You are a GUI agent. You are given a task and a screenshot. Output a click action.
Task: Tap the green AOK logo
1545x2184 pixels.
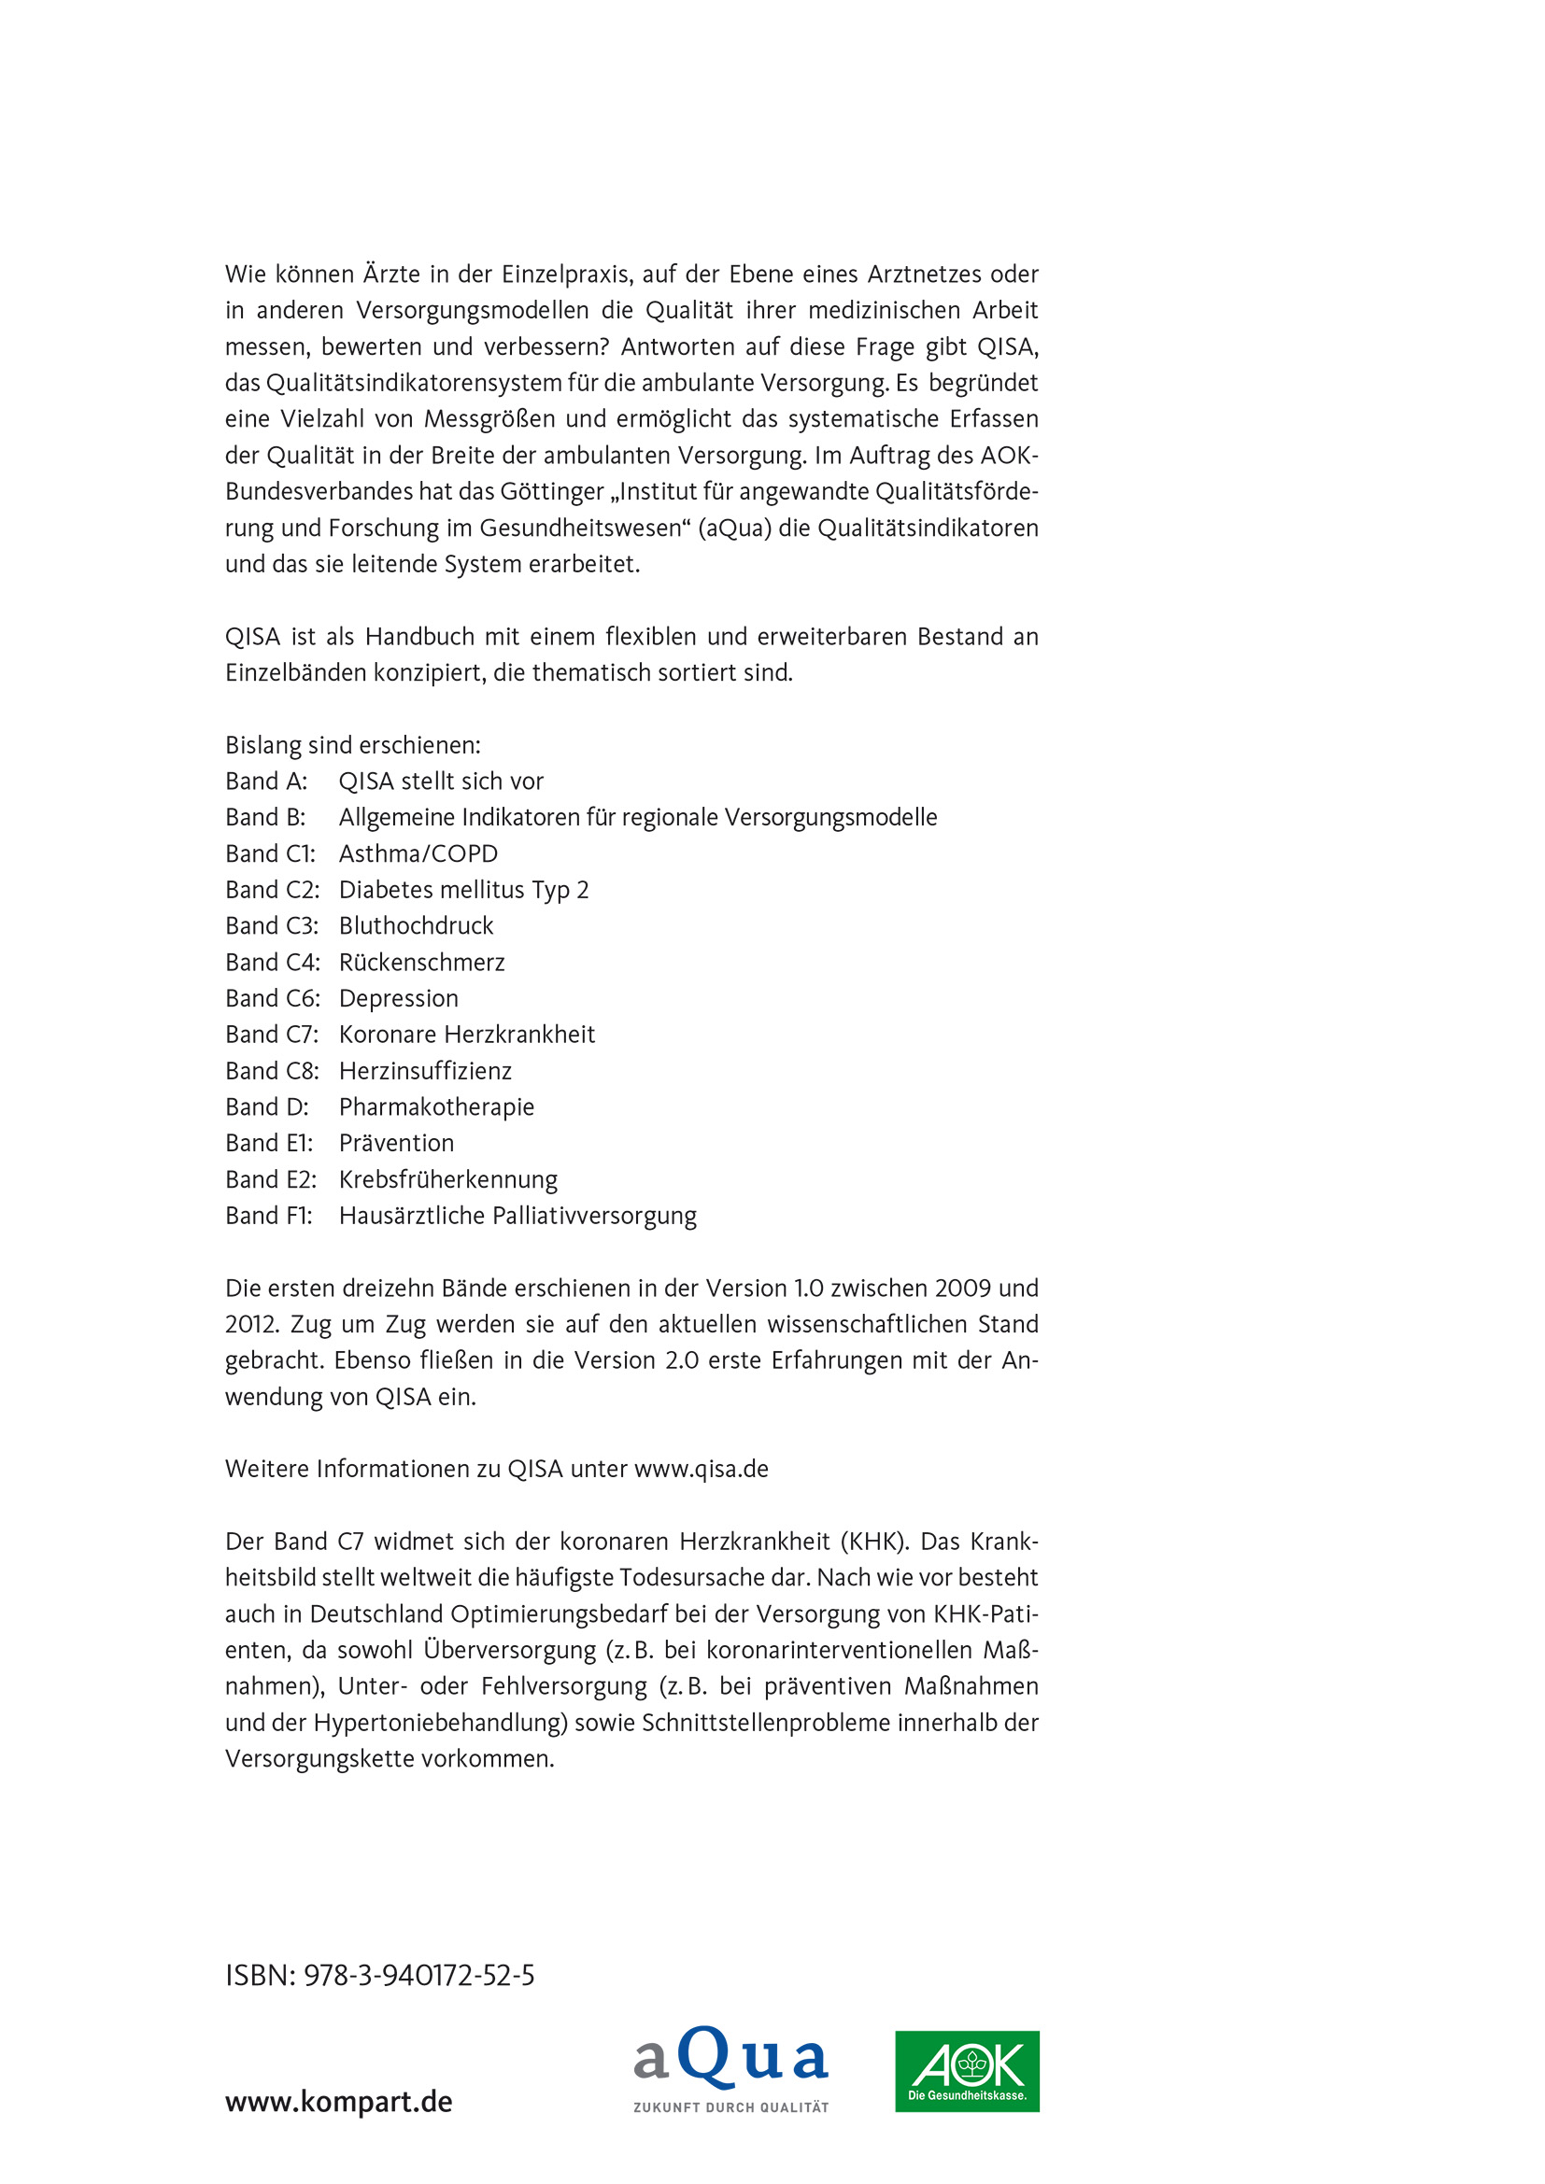(967, 2071)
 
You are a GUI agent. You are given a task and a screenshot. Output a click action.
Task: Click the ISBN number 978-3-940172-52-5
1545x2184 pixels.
(418, 1976)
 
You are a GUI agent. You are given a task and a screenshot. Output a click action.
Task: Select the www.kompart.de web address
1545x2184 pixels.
(339, 2101)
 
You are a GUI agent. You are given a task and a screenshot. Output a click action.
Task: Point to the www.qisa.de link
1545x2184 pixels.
(702, 1469)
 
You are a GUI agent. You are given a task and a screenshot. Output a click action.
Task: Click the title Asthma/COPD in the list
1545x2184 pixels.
(418, 853)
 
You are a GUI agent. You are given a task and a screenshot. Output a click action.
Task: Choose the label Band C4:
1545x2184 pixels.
(272, 962)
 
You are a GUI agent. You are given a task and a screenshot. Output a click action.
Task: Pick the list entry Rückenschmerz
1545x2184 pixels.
(421, 962)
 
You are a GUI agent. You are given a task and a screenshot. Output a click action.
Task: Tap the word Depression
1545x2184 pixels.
(399, 998)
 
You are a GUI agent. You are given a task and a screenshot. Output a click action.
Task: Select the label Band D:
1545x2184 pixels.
(267, 1106)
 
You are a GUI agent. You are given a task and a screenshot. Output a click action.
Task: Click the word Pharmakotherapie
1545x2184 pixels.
(436, 1106)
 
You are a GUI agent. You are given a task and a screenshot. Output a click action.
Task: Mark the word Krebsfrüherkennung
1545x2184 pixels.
(448, 1179)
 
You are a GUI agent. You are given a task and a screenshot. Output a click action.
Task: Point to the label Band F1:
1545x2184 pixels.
(269, 1216)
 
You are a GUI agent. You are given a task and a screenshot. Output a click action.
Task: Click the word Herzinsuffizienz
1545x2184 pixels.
(425, 1070)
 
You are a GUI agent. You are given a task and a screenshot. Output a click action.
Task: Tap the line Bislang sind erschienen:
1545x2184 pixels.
(353, 745)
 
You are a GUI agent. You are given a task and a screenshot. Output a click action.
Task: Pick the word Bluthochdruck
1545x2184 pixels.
(416, 925)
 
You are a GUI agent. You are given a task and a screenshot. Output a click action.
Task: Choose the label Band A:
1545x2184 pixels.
(266, 781)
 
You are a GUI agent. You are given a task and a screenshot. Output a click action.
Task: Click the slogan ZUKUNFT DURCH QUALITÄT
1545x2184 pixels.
(730, 2107)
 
